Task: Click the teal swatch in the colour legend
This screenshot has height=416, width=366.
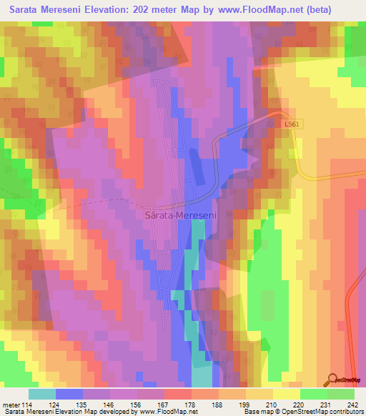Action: (x=42, y=394)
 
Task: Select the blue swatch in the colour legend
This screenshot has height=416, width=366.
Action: (x=69, y=394)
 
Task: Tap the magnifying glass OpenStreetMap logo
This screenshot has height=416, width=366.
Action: (x=333, y=381)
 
